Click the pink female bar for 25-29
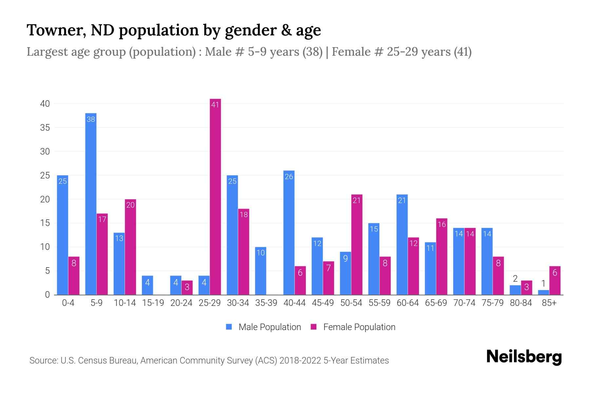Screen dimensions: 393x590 click(x=215, y=196)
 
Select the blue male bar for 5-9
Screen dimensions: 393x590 click(x=91, y=204)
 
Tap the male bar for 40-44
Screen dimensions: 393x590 click(x=289, y=233)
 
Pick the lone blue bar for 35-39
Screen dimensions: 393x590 click(x=261, y=271)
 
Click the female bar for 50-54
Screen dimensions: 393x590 click(x=357, y=245)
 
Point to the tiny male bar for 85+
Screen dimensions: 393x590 click(x=543, y=292)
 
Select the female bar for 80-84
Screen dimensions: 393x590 click(x=526, y=288)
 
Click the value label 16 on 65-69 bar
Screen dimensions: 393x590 click(x=442, y=224)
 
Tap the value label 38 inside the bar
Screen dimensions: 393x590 click(x=91, y=120)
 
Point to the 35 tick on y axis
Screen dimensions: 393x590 click(x=45, y=128)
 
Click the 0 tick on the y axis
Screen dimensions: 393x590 click(x=47, y=295)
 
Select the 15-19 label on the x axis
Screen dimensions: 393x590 click(x=153, y=303)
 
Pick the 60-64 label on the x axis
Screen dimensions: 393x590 click(x=407, y=303)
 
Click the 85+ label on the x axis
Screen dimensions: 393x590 click(x=549, y=303)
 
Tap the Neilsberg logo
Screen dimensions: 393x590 click(x=524, y=357)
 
